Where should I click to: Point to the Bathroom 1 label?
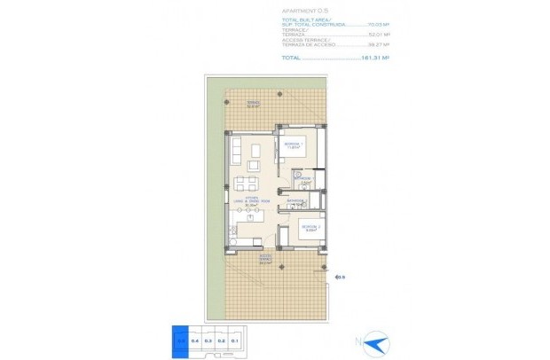(304, 179)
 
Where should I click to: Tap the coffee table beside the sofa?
(255, 152)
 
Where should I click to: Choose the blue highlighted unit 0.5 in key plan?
(180, 340)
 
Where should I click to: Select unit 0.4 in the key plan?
(194, 340)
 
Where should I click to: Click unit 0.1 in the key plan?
(235, 340)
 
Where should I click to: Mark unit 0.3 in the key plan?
(208, 340)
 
